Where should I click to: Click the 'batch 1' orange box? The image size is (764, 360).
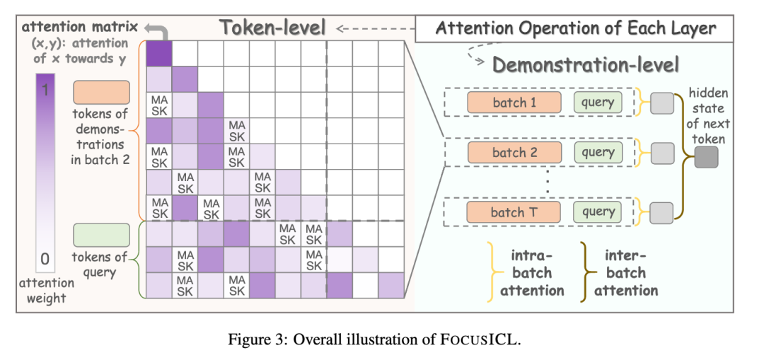[514, 103]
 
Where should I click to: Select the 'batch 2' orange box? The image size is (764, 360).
[514, 153]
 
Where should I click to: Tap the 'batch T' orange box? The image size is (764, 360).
[514, 212]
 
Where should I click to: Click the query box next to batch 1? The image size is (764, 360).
[598, 103]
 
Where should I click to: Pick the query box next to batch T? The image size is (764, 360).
[598, 212]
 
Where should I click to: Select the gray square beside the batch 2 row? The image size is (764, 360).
[662, 153]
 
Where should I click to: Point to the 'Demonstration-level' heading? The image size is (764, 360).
[586, 65]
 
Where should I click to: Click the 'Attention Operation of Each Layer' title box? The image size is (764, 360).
[574, 29]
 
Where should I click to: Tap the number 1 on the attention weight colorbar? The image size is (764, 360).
[45, 90]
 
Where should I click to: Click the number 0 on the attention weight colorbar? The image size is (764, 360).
[45, 259]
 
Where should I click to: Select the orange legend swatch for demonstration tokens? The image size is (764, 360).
[101, 93]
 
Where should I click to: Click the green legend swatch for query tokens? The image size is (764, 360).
[101, 236]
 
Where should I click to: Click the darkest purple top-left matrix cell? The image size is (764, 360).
[159, 53]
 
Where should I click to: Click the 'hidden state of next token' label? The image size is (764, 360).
[706, 116]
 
